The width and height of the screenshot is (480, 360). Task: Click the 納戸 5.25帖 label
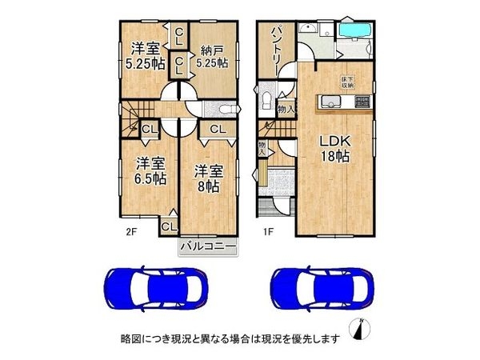pos(212,54)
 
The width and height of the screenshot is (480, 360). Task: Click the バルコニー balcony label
pos(208,247)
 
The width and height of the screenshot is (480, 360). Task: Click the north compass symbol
pos(362,329)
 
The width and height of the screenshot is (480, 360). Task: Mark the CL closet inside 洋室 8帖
pos(216,128)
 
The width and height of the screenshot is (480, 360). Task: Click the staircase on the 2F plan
pos(141,109)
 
